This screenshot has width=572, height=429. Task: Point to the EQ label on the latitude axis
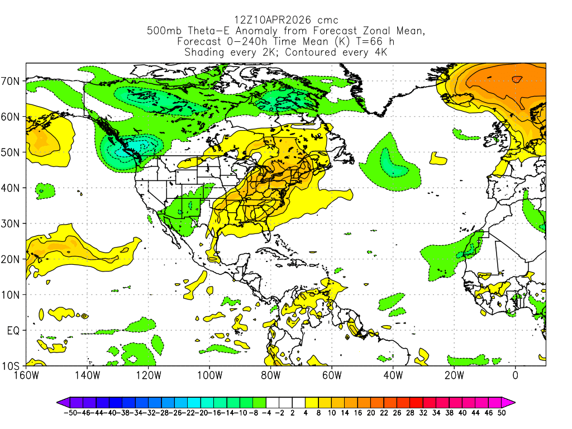13,331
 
